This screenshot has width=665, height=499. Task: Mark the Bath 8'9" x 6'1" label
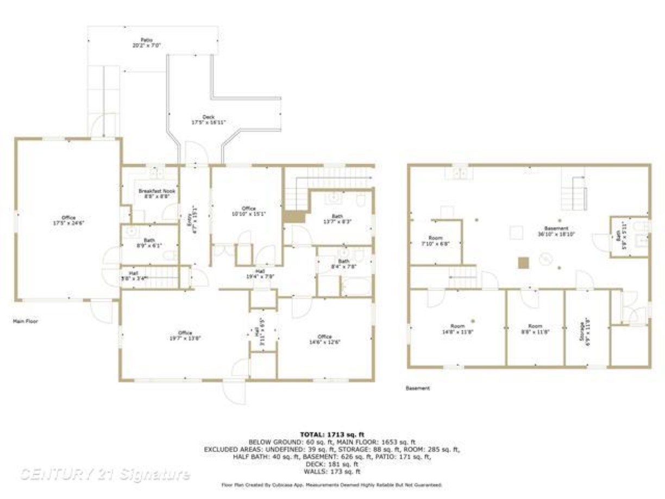pos(149,242)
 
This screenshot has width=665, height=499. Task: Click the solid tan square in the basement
pos(523,263)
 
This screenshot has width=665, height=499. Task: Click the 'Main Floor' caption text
pos(26,321)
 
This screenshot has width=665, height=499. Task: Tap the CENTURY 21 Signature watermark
pos(105,474)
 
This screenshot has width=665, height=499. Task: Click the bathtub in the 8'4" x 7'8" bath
pos(356,286)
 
